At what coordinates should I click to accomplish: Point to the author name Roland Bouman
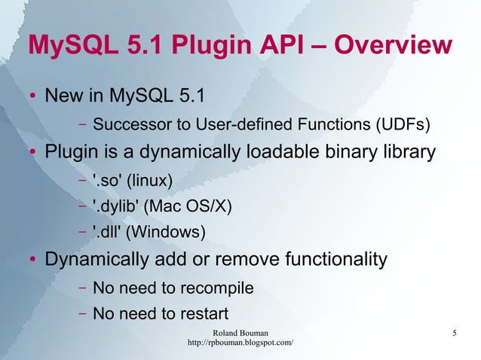(x=240, y=332)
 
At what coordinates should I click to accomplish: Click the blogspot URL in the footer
(x=240, y=343)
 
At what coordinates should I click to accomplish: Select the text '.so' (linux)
(x=132, y=181)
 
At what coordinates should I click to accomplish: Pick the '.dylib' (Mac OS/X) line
(x=162, y=206)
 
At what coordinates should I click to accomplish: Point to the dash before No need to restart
(x=81, y=313)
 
